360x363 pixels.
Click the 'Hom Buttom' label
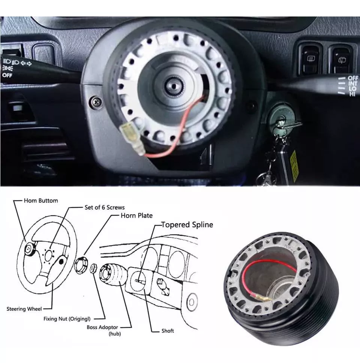[41, 200]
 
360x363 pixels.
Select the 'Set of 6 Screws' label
[105, 207]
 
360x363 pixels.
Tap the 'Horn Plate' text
[136, 215]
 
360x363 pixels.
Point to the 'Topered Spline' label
[187, 224]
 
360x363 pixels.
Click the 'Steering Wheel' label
[24, 309]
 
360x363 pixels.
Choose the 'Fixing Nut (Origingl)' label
[67, 319]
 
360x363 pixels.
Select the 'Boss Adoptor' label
[102, 327]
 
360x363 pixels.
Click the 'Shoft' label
[168, 331]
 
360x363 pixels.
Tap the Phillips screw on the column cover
[96, 102]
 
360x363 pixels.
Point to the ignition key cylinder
[281, 119]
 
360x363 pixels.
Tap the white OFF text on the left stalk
[7, 75]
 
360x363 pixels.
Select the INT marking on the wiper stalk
[353, 84]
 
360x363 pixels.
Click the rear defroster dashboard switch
[310, 58]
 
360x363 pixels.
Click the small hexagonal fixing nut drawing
[93, 269]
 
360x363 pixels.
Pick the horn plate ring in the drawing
[81, 265]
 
